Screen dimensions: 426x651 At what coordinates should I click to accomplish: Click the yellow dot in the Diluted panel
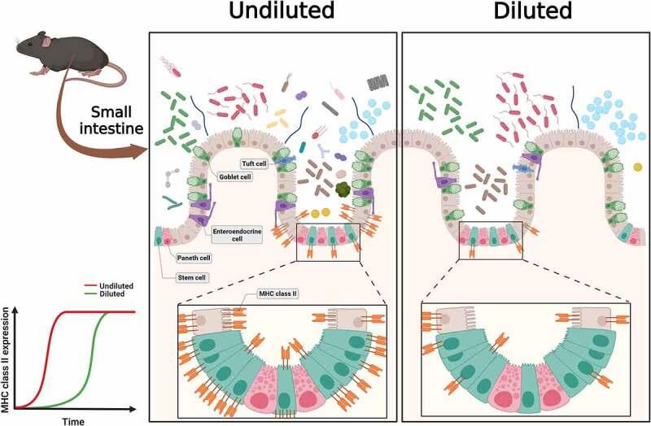pyautogui.click(x=636, y=167)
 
